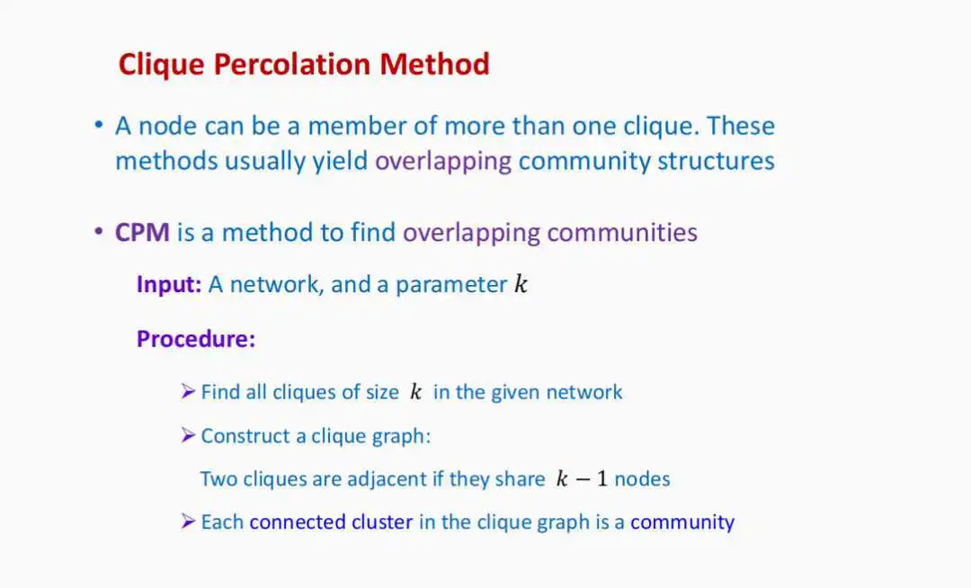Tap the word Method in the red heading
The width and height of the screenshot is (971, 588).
pos(435,64)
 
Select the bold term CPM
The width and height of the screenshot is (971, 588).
pos(142,233)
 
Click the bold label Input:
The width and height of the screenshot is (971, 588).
pos(169,284)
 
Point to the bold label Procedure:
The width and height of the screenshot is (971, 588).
pos(196,339)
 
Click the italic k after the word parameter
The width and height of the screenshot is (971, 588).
pos(521,283)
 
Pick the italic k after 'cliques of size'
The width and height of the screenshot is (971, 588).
pos(415,391)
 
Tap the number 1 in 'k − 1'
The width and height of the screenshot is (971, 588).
pos(601,478)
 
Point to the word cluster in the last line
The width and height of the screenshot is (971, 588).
pos(382,521)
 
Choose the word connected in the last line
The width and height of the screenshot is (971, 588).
pos(298,521)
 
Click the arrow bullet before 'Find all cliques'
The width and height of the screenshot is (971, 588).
pos(188,391)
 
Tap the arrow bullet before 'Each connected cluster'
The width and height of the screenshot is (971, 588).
pos(188,521)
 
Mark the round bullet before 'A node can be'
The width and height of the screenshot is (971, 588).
pos(99,125)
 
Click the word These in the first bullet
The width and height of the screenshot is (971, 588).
pos(741,126)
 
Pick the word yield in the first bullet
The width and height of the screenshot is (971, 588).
pos(340,162)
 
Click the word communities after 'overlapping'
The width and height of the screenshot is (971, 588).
pos(622,233)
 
